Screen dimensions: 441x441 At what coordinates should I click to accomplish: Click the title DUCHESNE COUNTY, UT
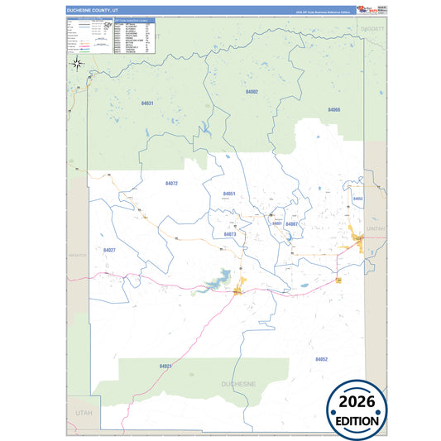94,10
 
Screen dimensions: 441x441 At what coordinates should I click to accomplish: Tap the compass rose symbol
76,62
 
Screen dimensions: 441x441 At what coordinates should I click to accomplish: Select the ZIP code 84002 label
252,91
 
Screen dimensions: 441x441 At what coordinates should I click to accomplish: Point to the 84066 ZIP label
333,109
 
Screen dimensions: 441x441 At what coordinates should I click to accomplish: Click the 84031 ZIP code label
147,103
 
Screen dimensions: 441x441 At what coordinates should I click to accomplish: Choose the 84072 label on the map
171,183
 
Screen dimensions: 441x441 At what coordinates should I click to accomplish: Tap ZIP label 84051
229,194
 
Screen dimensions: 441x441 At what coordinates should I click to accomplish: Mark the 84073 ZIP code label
230,234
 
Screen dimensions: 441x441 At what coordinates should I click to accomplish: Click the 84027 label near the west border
109,249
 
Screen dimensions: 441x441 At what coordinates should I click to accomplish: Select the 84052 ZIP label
321,358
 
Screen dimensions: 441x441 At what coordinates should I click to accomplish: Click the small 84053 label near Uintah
357,199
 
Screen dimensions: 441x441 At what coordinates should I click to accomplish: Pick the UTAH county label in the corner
79,410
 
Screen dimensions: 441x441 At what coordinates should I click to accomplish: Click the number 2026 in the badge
357,403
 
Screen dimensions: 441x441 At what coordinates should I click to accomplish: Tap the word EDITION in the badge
357,420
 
